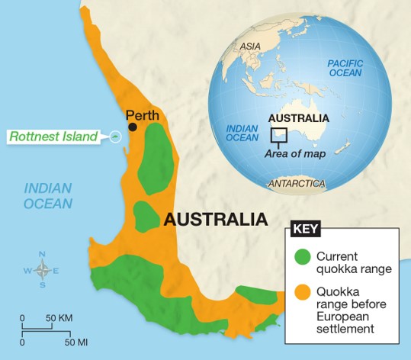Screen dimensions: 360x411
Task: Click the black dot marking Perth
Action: (133, 127)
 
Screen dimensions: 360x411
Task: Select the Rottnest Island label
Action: (53, 137)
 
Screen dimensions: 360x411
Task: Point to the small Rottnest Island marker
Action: (114, 137)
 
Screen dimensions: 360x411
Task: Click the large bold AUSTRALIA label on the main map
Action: (216, 220)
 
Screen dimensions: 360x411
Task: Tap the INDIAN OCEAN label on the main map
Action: (47, 196)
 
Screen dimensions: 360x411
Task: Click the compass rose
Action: (43, 270)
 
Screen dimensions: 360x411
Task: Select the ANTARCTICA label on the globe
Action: (297, 184)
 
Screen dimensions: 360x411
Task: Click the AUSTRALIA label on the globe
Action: (298, 118)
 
